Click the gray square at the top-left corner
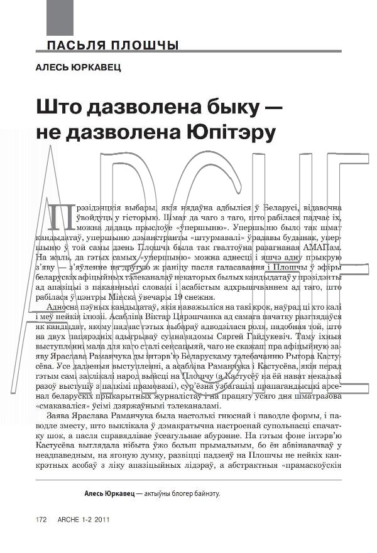tap(60, 17)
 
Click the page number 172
tap(42, 520)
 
